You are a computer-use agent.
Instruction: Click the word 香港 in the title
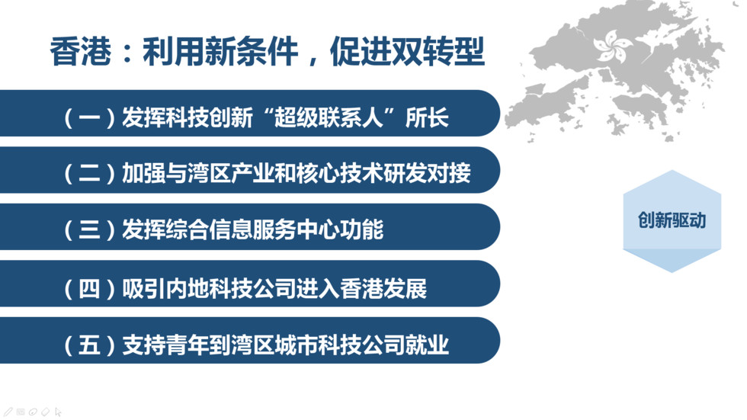[81, 51]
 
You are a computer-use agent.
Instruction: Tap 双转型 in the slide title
[438, 51]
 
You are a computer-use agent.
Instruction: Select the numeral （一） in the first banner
[90, 117]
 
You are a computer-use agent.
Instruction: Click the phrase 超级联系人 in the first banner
[329, 117]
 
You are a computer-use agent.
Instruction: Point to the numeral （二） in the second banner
[90, 173]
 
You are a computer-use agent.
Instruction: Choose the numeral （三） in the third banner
[90, 230]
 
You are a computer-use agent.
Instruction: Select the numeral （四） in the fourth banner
[90, 289]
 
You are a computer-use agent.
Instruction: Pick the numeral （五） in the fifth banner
[90, 345]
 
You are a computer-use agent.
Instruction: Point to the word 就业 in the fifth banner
[427, 345]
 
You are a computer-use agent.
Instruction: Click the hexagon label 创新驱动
[672, 220]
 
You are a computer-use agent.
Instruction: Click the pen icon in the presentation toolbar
[8, 412]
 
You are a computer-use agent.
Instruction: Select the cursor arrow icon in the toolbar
[58, 412]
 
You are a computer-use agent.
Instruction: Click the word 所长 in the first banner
[427, 117]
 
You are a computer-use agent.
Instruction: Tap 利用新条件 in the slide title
[220, 51]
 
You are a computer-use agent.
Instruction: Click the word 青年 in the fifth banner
[188, 345]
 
